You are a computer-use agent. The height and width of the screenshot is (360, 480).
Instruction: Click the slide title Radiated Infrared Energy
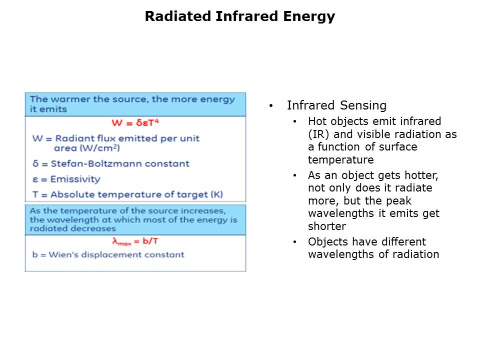point(239,16)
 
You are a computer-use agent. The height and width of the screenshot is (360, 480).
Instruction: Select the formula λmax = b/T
point(135,241)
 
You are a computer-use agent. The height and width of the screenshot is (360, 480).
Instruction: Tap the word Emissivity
point(75,179)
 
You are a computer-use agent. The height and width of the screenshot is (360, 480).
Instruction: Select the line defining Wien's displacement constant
point(108,254)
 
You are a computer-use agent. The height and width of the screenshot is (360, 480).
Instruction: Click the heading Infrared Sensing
point(336,105)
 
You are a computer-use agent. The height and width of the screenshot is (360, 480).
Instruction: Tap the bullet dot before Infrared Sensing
point(271,106)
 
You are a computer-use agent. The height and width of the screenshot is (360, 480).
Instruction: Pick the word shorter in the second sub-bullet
point(327,226)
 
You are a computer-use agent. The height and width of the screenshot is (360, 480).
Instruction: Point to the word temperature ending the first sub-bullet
point(340,160)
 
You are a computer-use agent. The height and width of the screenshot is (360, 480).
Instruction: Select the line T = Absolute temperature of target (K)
point(127,194)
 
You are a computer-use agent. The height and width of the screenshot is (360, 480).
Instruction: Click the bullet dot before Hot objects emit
point(295,121)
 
